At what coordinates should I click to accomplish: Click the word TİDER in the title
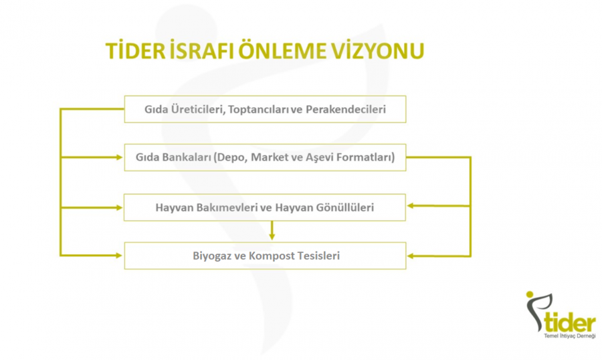(135, 51)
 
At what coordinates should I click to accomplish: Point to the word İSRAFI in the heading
(202, 51)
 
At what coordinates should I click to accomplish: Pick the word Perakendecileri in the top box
(346, 110)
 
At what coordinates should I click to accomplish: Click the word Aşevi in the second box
(320, 158)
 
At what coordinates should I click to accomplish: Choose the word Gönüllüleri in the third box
(344, 208)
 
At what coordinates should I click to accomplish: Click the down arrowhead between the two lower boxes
(272, 236)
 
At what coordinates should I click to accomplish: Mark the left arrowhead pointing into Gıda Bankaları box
(119, 157)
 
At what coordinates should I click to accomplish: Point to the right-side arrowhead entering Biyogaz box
(411, 256)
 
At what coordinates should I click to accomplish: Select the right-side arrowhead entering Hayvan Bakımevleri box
(411, 206)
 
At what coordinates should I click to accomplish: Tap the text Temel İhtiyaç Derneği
(570, 336)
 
